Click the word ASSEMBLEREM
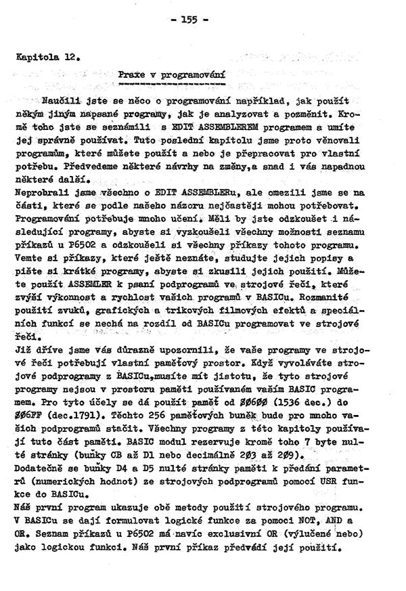pos(202,129)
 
